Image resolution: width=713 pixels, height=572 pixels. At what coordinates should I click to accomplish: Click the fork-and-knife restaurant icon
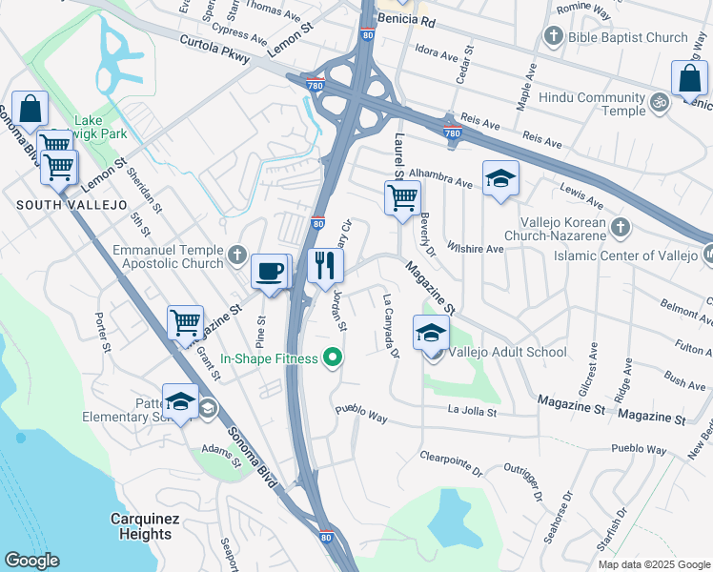(x=325, y=266)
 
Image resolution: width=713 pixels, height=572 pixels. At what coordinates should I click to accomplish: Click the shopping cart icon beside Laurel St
(x=402, y=198)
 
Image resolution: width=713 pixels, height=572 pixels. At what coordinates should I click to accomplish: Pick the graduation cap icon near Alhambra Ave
(x=500, y=178)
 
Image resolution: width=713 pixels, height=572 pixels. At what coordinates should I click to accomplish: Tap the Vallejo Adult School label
(x=507, y=353)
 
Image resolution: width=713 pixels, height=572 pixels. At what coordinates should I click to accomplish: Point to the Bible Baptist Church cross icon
(x=553, y=37)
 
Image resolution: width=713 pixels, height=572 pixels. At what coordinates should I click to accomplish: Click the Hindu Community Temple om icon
(x=658, y=100)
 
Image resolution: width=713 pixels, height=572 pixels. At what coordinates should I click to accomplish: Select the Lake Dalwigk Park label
(x=101, y=127)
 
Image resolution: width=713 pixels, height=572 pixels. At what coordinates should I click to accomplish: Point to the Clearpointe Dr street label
(x=451, y=463)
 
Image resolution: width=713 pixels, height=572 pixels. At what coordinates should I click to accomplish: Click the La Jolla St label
(x=473, y=412)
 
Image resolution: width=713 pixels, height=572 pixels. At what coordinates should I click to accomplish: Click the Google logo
(x=31, y=561)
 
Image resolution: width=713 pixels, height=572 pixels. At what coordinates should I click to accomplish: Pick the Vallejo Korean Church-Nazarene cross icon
(x=621, y=226)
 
